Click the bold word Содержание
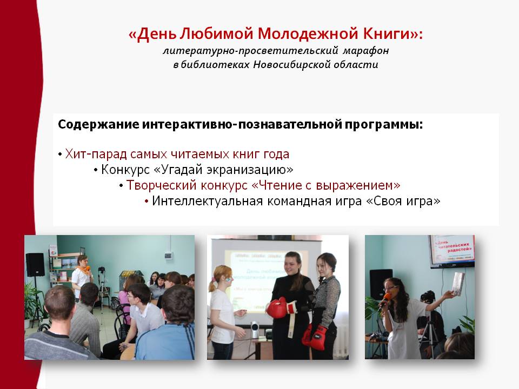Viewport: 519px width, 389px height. pos(98,125)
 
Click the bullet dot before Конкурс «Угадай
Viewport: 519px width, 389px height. pos(96,170)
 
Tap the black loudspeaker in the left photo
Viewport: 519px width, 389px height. pos(35,265)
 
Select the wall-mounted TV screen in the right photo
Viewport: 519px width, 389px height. pos(452,251)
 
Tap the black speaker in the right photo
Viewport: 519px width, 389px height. pos(381,284)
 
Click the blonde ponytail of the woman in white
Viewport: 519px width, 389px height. pos(211,284)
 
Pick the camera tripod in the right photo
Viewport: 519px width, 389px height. pos(428,337)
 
